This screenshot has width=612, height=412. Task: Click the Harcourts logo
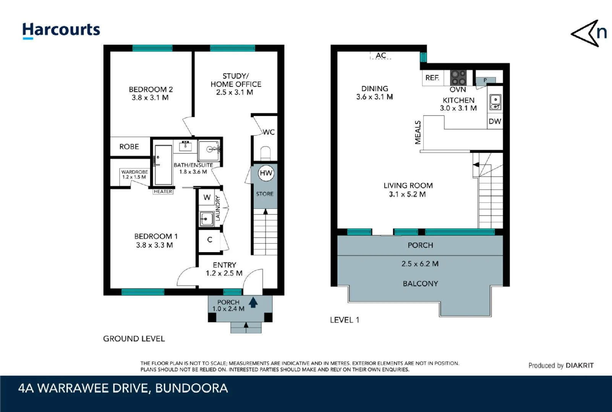pos(61,30)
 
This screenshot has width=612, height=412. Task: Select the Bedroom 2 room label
pos(151,89)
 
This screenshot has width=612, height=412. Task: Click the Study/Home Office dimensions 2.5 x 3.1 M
pos(234,92)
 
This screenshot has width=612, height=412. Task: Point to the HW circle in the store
pos(266,173)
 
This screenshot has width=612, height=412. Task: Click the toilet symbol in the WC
pos(266,153)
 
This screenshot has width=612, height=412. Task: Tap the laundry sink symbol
pos(207,219)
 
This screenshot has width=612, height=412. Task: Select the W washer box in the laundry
pos(207,197)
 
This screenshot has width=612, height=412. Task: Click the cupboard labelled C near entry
pos(209,240)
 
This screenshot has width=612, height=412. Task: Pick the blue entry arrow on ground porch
pos(253,303)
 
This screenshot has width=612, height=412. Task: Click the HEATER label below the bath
pos(163,192)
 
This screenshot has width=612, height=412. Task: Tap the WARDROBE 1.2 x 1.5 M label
pos(134,174)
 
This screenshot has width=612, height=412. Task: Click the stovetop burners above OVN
pos(458,78)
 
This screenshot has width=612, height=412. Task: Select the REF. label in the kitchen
pos(432,78)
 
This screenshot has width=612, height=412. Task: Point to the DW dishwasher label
pos(495,121)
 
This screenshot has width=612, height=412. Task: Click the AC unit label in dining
pos(380,56)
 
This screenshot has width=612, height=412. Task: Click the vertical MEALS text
pos(418,132)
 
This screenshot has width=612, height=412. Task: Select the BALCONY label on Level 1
pos(420,284)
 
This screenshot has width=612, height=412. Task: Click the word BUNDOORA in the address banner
pos(191,388)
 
